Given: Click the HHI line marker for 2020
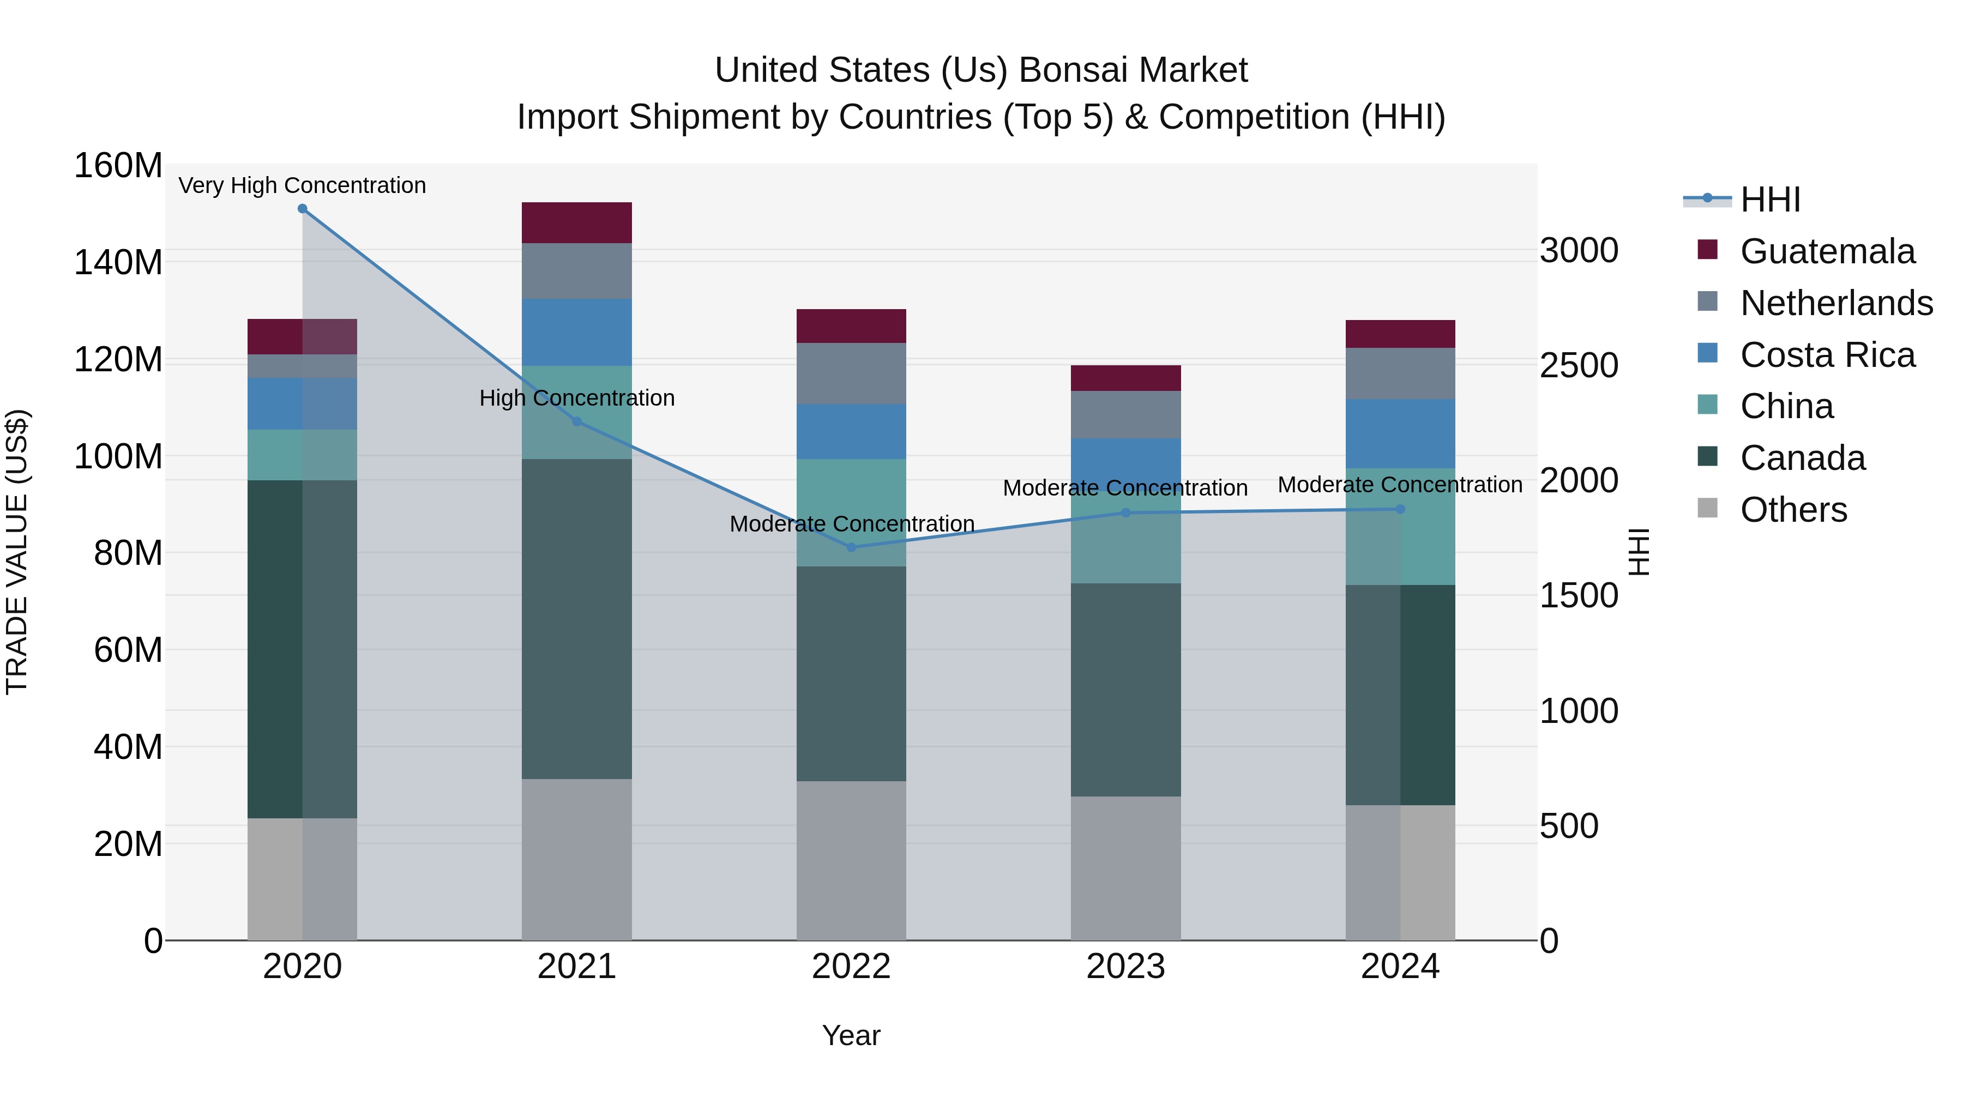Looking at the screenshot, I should (303, 209).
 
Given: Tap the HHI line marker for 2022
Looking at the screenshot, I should (851, 547).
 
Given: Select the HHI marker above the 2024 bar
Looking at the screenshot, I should (1400, 509).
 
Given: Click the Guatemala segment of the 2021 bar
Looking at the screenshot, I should (577, 222).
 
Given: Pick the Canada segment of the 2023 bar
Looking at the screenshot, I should (1125, 690).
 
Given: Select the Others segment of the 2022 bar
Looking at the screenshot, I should (851, 860).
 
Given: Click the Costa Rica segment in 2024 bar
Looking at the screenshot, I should (1400, 433).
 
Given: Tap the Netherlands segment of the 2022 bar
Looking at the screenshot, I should (851, 373).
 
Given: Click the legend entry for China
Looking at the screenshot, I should (1786, 406).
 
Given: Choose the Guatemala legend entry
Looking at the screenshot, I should (1827, 251).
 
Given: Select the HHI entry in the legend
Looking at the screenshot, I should (1769, 200).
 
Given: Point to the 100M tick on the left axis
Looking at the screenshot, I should (118, 456).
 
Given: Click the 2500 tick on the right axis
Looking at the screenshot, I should (1578, 366).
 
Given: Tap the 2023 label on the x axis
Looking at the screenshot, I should (1125, 967).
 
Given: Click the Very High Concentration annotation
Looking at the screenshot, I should (303, 185).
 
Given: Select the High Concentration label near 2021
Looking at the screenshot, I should (577, 398).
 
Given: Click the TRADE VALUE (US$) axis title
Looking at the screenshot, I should (17, 552).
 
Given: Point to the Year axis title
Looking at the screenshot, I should (851, 1035).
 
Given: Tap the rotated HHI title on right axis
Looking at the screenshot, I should (1639, 552).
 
